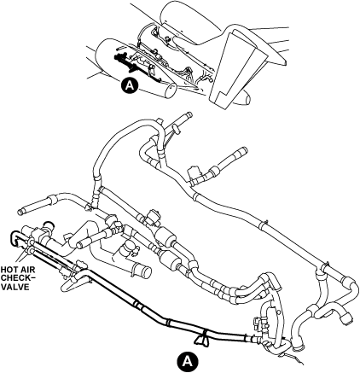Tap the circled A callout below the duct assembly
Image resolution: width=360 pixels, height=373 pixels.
(187, 361)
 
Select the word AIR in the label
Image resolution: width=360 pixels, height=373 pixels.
(27, 270)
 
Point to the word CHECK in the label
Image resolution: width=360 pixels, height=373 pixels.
(15, 278)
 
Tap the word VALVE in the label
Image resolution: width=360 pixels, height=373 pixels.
(15, 287)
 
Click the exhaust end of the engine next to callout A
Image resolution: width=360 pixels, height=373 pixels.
(171, 90)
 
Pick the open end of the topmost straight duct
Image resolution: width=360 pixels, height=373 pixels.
(189, 115)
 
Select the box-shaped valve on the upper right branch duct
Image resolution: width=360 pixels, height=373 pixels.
(193, 174)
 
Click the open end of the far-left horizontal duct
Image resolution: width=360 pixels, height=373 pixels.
(20, 212)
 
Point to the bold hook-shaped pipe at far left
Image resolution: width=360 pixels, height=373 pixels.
(14, 237)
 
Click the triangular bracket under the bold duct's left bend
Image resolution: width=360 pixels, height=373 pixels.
(68, 285)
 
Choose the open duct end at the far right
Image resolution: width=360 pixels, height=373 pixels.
(347, 319)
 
